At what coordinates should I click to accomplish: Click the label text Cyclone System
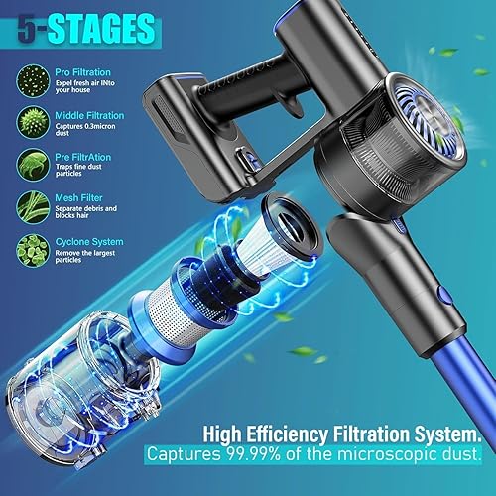point(86,239)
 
